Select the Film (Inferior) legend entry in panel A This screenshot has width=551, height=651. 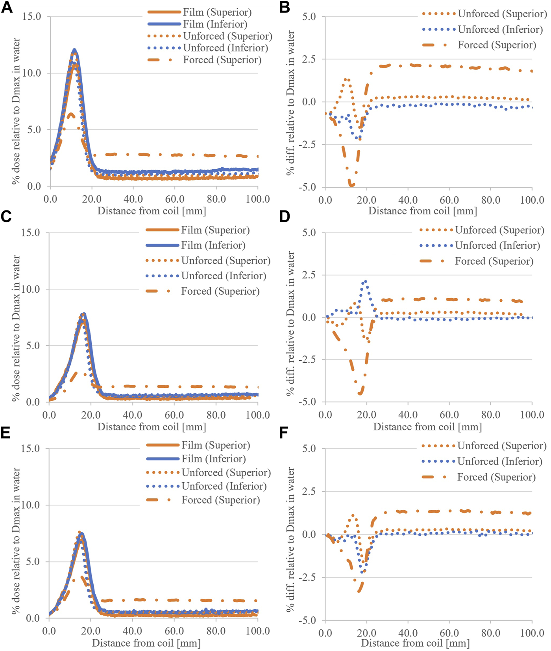tap(215, 24)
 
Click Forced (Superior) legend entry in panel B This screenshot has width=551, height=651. tap(497, 45)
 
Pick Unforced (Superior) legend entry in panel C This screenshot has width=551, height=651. tap(226, 260)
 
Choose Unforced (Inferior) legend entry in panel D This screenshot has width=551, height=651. tap(497, 245)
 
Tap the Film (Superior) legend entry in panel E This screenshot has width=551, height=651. tap(215, 445)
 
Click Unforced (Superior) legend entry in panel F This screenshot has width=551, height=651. tap(501, 446)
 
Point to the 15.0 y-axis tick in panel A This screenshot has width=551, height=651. tap(31, 17)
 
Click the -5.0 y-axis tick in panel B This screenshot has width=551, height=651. tap(307, 187)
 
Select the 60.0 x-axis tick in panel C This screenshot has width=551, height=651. tap(174, 415)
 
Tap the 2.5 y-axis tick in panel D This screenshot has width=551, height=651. tap(309, 275)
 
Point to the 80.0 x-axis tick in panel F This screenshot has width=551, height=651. tap(491, 633)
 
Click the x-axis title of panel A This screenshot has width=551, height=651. tap(152, 211)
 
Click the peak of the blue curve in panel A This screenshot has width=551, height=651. tap(74, 50)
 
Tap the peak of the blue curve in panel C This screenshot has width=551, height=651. tap(83, 314)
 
